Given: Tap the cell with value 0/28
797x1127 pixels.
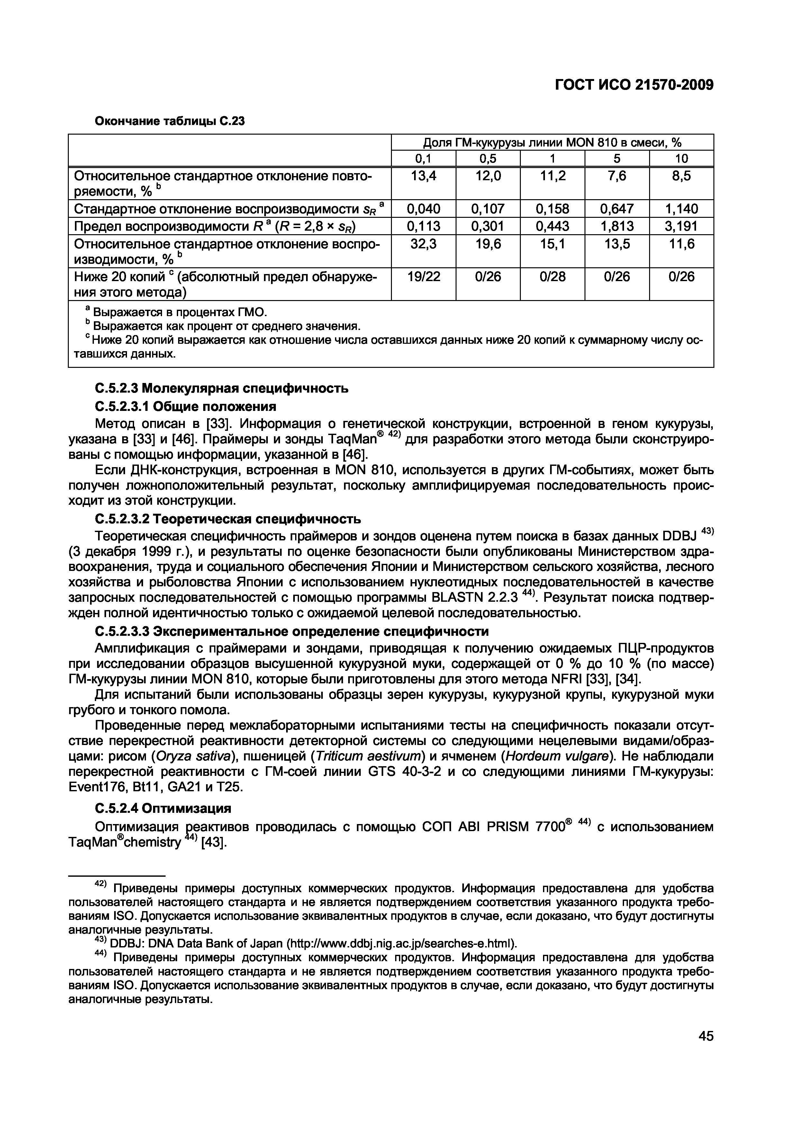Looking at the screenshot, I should pyautogui.click(x=552, y=277).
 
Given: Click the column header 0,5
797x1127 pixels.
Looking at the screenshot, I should pyautogui.click(x=488, y=159).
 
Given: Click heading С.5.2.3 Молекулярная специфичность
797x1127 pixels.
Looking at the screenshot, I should pyautogui.click(x=221, y=388).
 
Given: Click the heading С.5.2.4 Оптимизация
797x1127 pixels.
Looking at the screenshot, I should pyautogui.click(x=163, y=808).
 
